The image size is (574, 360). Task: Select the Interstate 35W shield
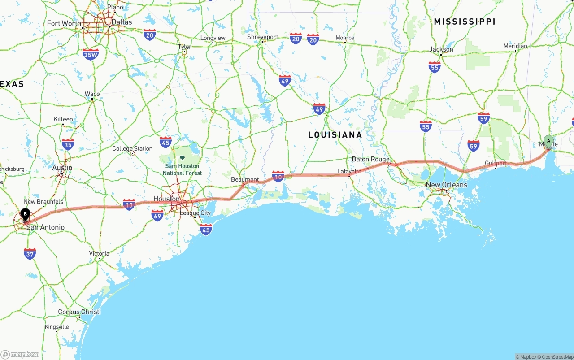pos(91,54)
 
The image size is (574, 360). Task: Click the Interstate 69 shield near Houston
pos(157,216)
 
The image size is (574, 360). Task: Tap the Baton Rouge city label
pos(370,159)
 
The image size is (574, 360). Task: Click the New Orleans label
pos(446,185)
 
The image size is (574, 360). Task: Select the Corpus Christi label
pos(79,312)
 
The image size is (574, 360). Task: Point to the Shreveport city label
pos(263,37)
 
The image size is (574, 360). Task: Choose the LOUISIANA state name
pos(335,135)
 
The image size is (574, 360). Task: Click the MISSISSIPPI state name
pos(464,22)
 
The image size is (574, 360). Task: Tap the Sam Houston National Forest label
pos(182,169)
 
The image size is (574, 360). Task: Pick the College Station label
pos(132,148)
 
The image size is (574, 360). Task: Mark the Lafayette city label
pos(349,171)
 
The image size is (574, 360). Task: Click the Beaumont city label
pos(245,179)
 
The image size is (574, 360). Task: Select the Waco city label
pos(92,94)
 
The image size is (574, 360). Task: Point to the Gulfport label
pos(496,163)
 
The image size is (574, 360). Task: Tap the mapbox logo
pos(20,354)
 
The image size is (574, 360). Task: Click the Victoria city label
pos(99,253)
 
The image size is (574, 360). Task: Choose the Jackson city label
pos(442,49)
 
